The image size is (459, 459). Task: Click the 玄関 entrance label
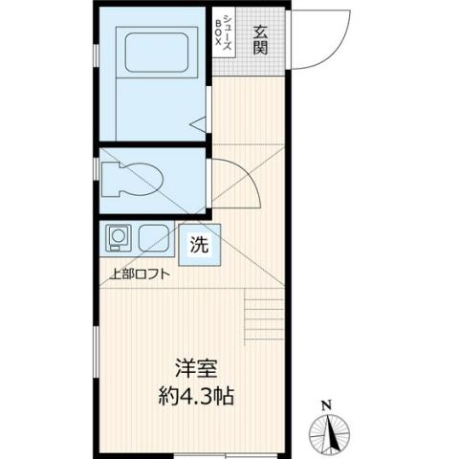coord(260,39)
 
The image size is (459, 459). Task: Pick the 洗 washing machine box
coord(199,244)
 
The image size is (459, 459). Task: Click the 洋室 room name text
coord(197,368)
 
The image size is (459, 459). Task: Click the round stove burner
coord(119,235)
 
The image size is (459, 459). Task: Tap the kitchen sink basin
coord(154,237)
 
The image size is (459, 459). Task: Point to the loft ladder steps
coord(258,320)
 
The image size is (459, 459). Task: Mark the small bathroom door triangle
coord(197,122)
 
